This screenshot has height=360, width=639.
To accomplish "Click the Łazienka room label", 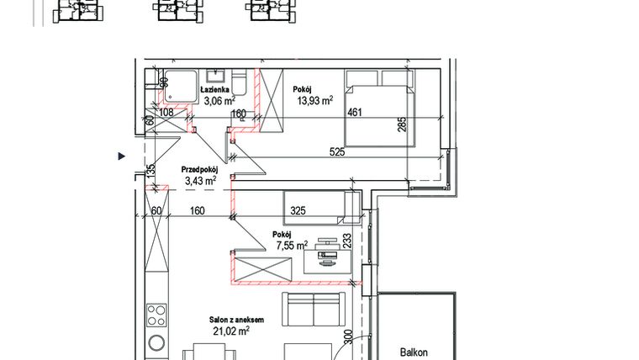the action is [214, 90].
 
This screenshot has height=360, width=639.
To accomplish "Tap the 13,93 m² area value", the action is [315, 100].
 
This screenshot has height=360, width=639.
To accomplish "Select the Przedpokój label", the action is [200, 170].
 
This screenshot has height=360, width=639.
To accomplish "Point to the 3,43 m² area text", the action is [200, 181].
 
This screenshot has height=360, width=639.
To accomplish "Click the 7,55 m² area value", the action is [292, 246].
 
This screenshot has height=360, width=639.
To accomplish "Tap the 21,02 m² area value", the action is [231, 331].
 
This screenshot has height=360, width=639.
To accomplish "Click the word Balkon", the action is [414, 352].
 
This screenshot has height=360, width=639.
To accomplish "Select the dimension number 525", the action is [337, 152].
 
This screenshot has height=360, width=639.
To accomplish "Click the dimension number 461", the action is [355, 112].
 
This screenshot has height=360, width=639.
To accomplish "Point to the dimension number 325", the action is [298, 211].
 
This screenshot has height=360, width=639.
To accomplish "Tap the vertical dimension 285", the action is [402, 124].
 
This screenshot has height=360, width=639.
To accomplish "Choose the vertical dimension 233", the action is [346, 241].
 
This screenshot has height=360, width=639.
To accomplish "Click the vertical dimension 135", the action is [151, 172].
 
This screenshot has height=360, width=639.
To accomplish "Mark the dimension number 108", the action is [166, 112].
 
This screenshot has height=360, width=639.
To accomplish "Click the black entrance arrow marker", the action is [121, 156].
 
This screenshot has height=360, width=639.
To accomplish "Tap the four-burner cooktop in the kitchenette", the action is [157, 315].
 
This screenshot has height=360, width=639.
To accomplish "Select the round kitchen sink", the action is [157, 343].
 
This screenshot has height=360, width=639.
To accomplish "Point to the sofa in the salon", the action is [314, 309].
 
